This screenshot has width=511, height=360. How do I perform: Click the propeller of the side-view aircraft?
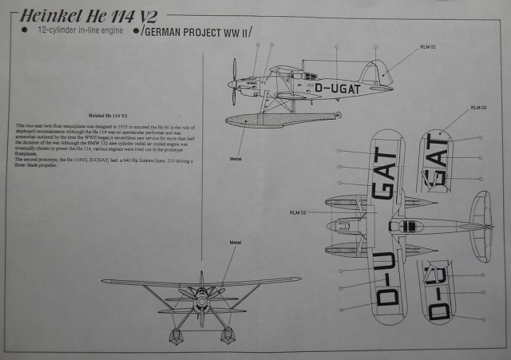click(233, 84)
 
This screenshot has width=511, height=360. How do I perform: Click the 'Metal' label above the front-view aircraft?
click(236, 240)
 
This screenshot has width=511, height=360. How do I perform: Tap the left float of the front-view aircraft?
click(175, 333)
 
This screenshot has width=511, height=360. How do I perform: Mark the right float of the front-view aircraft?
click(228, 333)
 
